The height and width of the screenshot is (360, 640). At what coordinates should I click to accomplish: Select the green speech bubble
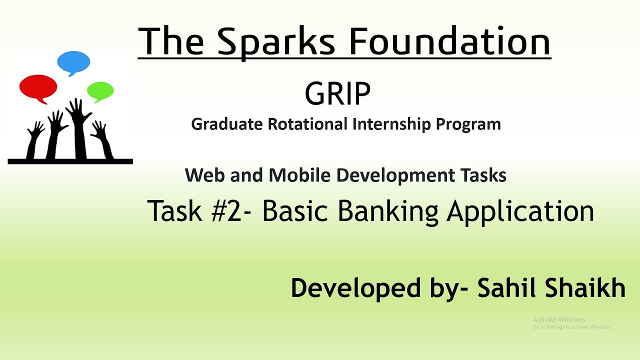pyautogui.click(x=100, y=91)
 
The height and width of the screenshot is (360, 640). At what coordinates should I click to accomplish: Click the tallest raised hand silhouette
pyautogui.click(x=78, y=128)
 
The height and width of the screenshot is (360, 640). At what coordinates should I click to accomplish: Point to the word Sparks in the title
pyautogui.click(x=276, y=41)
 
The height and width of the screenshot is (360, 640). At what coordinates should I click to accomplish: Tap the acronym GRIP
pyautogui.click(x=337, y=93)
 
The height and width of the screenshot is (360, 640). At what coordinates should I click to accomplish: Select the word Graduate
pyautogui.click(x=227, y=124)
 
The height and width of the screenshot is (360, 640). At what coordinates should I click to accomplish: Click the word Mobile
pyautogui.click(x=299, y=175)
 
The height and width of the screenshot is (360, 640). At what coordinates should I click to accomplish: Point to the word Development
pyautogui.click(x=395, y=175)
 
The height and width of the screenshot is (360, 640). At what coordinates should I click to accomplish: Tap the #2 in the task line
pyautogui.click(x=226, y=211)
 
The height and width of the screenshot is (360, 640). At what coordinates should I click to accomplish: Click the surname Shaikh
pyautogui.click(x=585, y=287)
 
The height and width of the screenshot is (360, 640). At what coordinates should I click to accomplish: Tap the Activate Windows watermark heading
pyautogui.click(x=559, y=319)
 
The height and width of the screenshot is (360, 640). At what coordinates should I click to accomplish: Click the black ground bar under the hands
pyautogui.click(x=70, y=161)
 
